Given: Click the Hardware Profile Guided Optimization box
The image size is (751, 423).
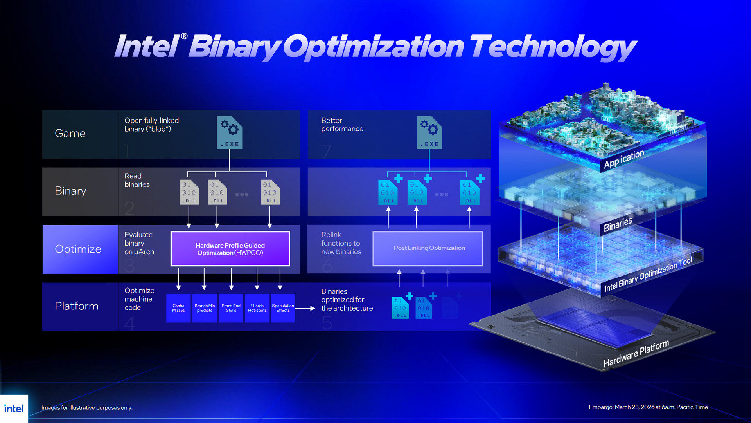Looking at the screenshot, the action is (230, 249).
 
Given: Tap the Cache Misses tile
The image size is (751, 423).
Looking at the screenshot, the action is (178, 308).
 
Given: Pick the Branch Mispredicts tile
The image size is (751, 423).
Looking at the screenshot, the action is (205, 308).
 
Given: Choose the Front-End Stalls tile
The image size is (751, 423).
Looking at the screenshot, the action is (231, 308).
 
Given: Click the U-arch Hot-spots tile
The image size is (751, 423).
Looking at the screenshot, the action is (257, 308).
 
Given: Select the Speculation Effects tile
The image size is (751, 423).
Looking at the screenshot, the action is (283, 308).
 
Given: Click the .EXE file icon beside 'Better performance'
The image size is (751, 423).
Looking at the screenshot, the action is (429, 132).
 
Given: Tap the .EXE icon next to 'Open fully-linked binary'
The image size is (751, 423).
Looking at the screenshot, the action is (230, 132).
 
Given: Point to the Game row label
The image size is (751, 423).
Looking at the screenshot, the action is (70, 133).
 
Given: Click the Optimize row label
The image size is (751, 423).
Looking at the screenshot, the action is (78, 249).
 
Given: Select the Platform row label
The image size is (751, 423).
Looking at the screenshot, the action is (77, 306).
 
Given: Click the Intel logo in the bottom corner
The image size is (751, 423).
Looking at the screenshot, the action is (14, 409).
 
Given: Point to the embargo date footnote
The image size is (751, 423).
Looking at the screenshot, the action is (648, 407).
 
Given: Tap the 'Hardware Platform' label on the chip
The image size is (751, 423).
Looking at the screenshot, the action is (636, 353).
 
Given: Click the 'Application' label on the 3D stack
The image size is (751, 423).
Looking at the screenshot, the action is (624, 159).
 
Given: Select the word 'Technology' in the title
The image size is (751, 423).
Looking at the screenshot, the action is (553, 47).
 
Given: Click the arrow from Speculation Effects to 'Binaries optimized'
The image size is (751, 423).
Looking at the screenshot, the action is (305, 308).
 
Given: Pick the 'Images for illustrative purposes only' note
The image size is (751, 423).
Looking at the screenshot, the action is (87, 408).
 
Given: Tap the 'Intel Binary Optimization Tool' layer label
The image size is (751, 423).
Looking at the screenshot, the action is (648, 274).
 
